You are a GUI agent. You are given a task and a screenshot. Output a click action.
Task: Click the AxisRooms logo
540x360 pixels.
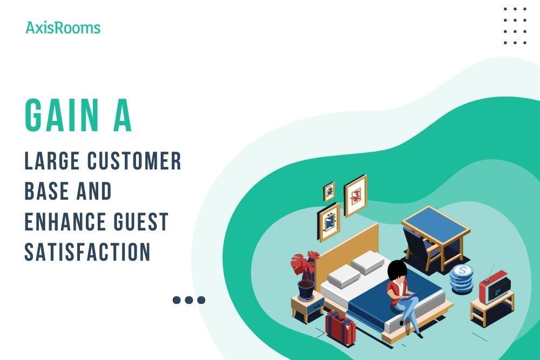click(63, 28)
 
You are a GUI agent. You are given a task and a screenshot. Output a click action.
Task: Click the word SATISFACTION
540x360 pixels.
click(87, 252)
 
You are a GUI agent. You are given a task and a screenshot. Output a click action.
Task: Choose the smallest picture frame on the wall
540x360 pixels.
click(329, 191)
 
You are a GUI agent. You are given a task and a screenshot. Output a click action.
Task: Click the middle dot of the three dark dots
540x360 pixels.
click(188, 300)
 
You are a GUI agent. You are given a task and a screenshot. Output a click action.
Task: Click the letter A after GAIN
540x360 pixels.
click(122, 116)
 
